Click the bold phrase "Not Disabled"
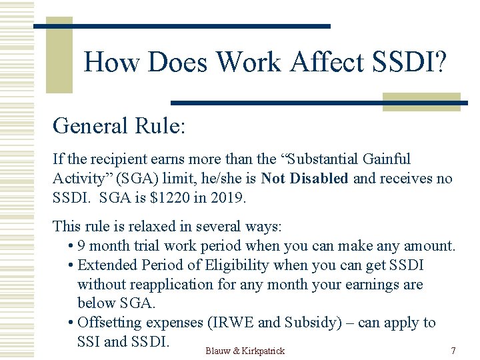(305, 179)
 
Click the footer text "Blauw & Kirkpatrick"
(245, 351)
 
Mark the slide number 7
(453, 351)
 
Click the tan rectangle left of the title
(59, 55)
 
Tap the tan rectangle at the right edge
(421, 101)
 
